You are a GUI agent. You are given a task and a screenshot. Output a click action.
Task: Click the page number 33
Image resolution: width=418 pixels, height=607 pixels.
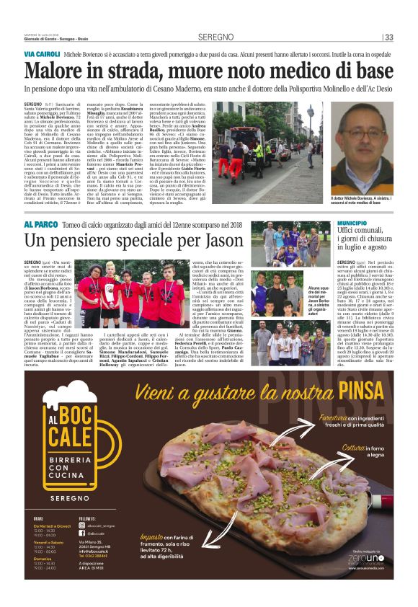(389, 37)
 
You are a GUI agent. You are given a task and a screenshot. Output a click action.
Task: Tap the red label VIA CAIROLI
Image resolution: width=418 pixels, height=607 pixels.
(42, 54)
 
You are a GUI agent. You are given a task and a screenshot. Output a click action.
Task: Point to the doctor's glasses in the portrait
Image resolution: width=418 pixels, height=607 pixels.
(373, 135)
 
